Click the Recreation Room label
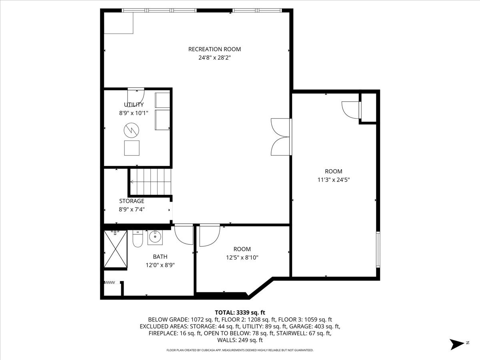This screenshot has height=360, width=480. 214,49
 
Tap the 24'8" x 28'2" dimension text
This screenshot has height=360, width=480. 214,58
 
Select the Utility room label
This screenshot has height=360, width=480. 134,105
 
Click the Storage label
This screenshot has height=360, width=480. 132,201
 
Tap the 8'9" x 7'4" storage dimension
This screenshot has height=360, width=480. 132,209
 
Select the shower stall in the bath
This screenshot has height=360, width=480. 115,249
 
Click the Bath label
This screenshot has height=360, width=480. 160,257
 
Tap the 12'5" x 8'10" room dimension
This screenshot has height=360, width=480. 242,258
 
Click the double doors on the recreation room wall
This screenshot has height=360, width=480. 280,137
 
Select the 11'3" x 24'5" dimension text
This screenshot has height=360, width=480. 334,180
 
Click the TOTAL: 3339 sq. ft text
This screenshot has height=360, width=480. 240,312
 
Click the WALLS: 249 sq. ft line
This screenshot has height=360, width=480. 240,340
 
